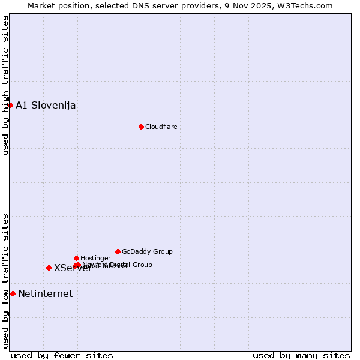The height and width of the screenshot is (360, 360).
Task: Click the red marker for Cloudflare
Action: pyautogui.click(x=141, y=127)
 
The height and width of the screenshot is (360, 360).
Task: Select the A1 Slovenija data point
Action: pyautogui.click(x=10, y=105)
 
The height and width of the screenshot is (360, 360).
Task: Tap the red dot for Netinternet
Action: pyautogui.click(x=13, y=293)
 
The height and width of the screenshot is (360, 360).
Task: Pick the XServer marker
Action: pyautogui.click(x=49, y=268)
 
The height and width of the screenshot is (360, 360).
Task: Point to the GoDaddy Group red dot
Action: pyautogui.click(x=118, y=251)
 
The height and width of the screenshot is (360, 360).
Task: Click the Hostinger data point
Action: pyautogui.click(x=76, y=258)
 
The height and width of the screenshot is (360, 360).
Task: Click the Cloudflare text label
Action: pyautogui.click(x=161, y=127)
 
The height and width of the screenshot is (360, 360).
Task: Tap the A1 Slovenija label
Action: pyautogui.click(x=46, y=106)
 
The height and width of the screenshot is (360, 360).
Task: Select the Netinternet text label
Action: pyautogui.click(x=45, y=294)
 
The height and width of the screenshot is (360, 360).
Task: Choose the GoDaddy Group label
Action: pyautogui.click(x=147, y=251)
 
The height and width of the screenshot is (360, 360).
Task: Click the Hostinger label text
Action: pyautogui.click(x=95, y=258)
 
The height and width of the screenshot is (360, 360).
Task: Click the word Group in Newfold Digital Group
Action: pyautogui.click(x=142, y=264)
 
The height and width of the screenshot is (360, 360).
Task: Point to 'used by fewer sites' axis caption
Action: pyautogui.click(x=62, y=355)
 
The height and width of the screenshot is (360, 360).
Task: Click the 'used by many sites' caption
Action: pyautogui.click(x=301, y=355)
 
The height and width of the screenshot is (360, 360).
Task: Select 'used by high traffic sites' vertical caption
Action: pyautogui.click(x=5, y=85)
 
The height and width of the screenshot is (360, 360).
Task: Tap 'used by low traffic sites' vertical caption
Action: pyautogui.click(x=5, y=280)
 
